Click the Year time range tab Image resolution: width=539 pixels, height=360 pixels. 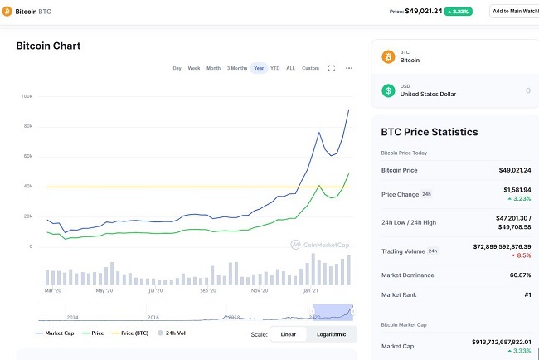[x=259, y=68]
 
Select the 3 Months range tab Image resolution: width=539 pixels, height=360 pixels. [x=237, y=68]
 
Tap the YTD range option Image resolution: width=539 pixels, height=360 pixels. [x=275, y=68]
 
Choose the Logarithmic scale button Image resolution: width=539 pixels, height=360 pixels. [x=331, y=334]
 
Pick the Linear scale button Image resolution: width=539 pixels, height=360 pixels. [x=288, y=334]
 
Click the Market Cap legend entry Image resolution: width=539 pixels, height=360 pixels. [x=56, y=333]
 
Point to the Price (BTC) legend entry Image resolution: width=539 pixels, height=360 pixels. [x=133, y=333]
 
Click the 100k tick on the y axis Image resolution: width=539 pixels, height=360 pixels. [x=27, y=96]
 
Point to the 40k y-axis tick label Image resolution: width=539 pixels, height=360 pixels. [x=27, y=186]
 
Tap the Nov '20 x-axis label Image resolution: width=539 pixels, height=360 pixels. [x=260, y=291]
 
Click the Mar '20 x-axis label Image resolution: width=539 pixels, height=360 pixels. [x=52, y=291]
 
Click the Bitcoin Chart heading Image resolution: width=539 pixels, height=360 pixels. [x=48, y=46]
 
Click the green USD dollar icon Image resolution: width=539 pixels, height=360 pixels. [x=387, y=90]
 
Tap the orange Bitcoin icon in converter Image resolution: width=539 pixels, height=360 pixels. [x=387, y=56]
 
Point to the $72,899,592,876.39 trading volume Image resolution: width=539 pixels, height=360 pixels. [x=491, y=246]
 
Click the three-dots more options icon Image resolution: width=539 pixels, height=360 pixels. [x=349, y=68]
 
